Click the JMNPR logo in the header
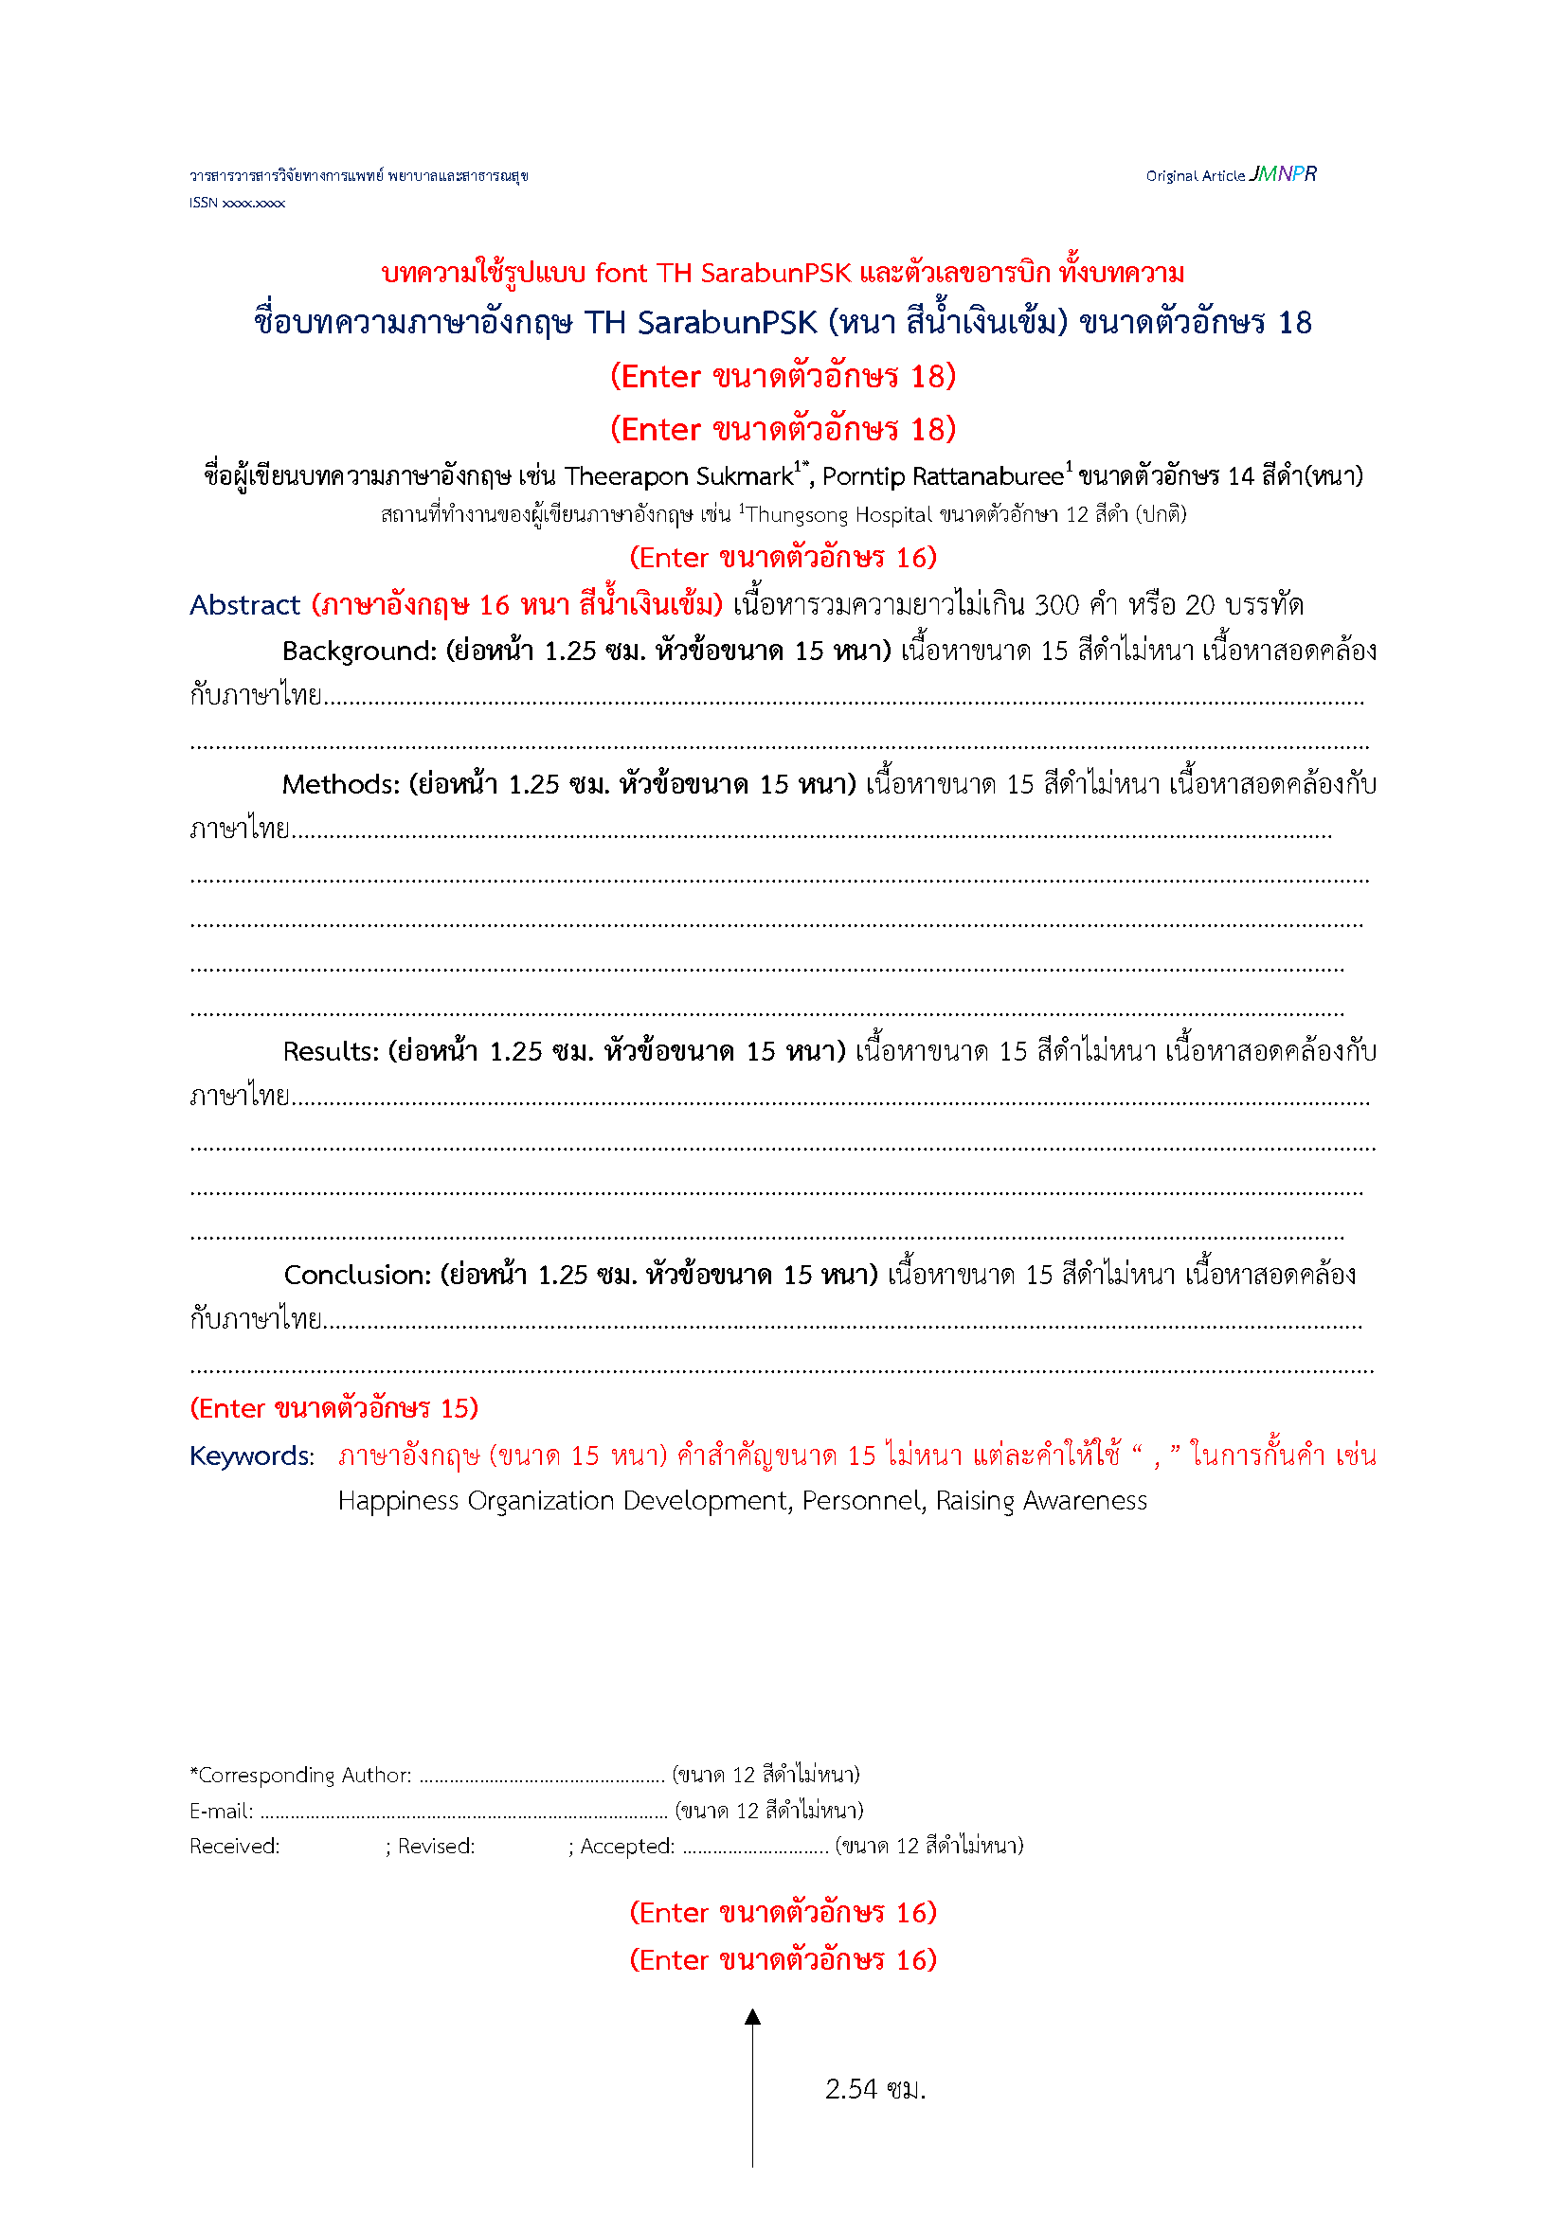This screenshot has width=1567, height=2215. click(1283, 173)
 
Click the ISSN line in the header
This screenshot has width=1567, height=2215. click(237, 203)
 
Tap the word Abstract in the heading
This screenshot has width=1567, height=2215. click(245, 605)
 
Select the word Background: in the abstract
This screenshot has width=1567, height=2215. click(360, 652)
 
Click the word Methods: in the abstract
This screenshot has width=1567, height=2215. click(341, 784)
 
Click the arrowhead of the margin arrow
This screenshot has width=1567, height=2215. click(752, 2017)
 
